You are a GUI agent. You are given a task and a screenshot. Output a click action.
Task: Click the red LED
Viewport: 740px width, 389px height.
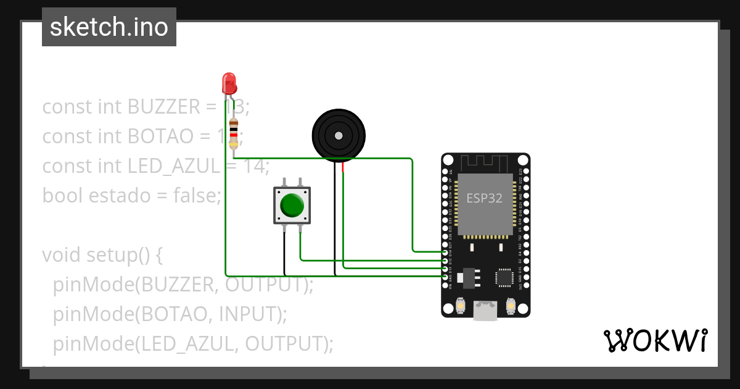(229, 83)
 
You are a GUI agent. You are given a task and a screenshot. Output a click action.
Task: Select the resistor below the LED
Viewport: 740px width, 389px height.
(233, 133)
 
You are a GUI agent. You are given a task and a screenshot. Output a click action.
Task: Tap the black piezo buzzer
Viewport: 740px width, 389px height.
(338, 135)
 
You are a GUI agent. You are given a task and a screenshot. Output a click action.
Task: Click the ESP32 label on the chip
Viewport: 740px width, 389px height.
(484, 198)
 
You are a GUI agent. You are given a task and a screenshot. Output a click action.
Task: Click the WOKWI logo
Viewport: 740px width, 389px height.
(655, 340)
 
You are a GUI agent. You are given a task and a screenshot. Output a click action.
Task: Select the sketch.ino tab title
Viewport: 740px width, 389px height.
(109, 27)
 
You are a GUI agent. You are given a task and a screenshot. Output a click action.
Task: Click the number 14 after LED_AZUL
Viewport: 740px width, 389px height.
(257, 166)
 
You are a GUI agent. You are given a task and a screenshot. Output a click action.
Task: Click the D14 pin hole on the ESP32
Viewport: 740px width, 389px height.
(445, 253)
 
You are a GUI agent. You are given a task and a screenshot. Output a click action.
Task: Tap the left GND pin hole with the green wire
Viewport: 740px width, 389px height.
(445, 277)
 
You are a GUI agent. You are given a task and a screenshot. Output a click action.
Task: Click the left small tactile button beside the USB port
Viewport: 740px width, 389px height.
(459, 305)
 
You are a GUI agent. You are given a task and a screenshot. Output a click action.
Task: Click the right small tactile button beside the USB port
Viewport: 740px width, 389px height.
(510, 305)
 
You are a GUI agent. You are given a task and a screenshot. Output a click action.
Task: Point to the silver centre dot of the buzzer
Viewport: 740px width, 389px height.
(338, 135)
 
